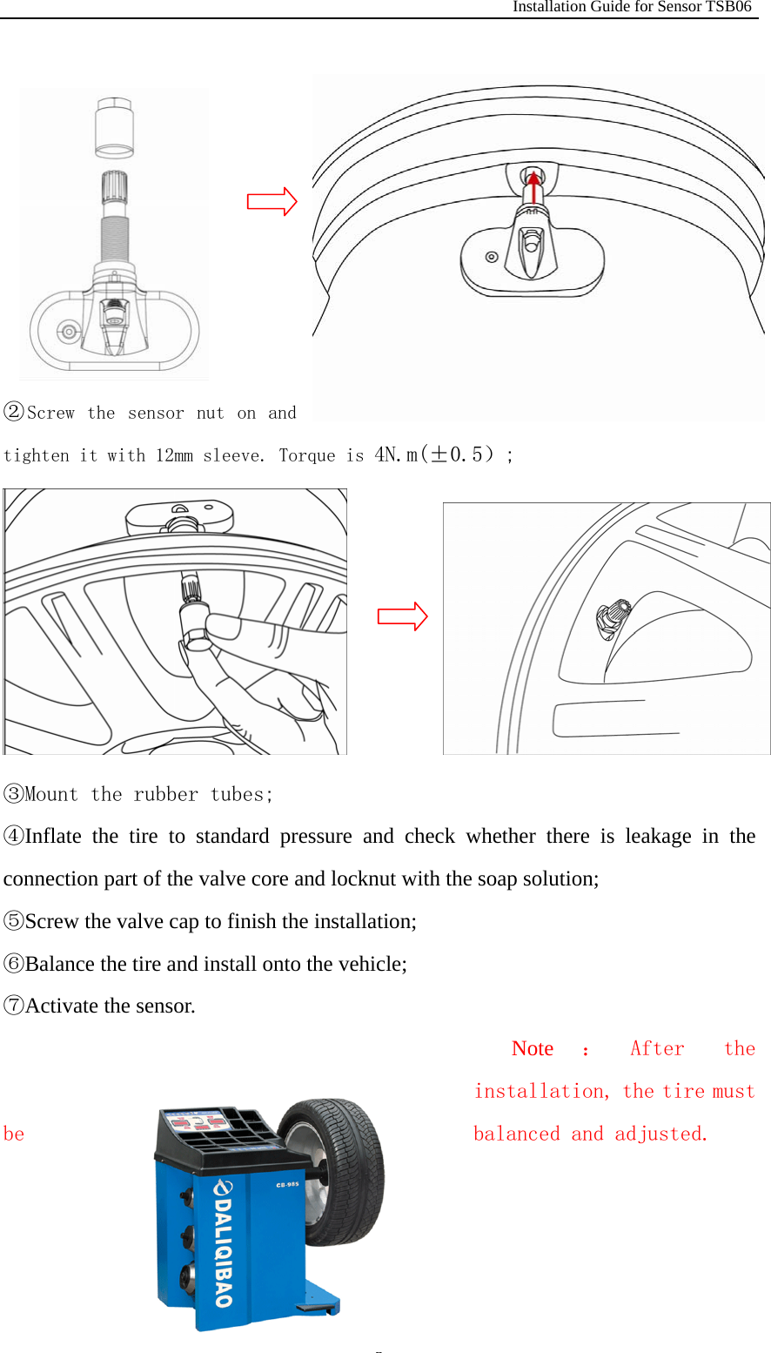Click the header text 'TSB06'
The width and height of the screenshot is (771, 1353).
[728, 7]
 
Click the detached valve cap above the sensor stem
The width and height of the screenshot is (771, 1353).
[114, 128]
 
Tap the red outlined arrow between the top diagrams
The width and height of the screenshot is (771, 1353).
[272, 202]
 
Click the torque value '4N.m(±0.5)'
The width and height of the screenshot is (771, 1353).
[437, 454]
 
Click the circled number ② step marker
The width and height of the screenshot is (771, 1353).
[14, 412]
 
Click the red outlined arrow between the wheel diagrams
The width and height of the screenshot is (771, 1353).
[402, 616]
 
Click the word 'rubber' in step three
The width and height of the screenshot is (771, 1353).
[166, 794]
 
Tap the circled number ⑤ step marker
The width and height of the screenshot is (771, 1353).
[14, 921]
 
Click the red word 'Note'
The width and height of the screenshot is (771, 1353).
[533, 1048]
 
